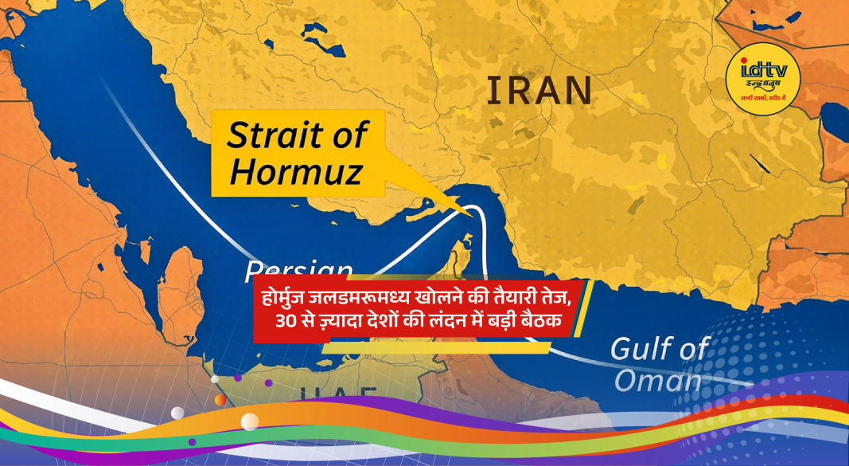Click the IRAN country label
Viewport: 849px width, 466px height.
[539, 91]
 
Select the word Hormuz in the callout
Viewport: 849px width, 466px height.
[294, 170]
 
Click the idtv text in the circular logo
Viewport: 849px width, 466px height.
[763, 71]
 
